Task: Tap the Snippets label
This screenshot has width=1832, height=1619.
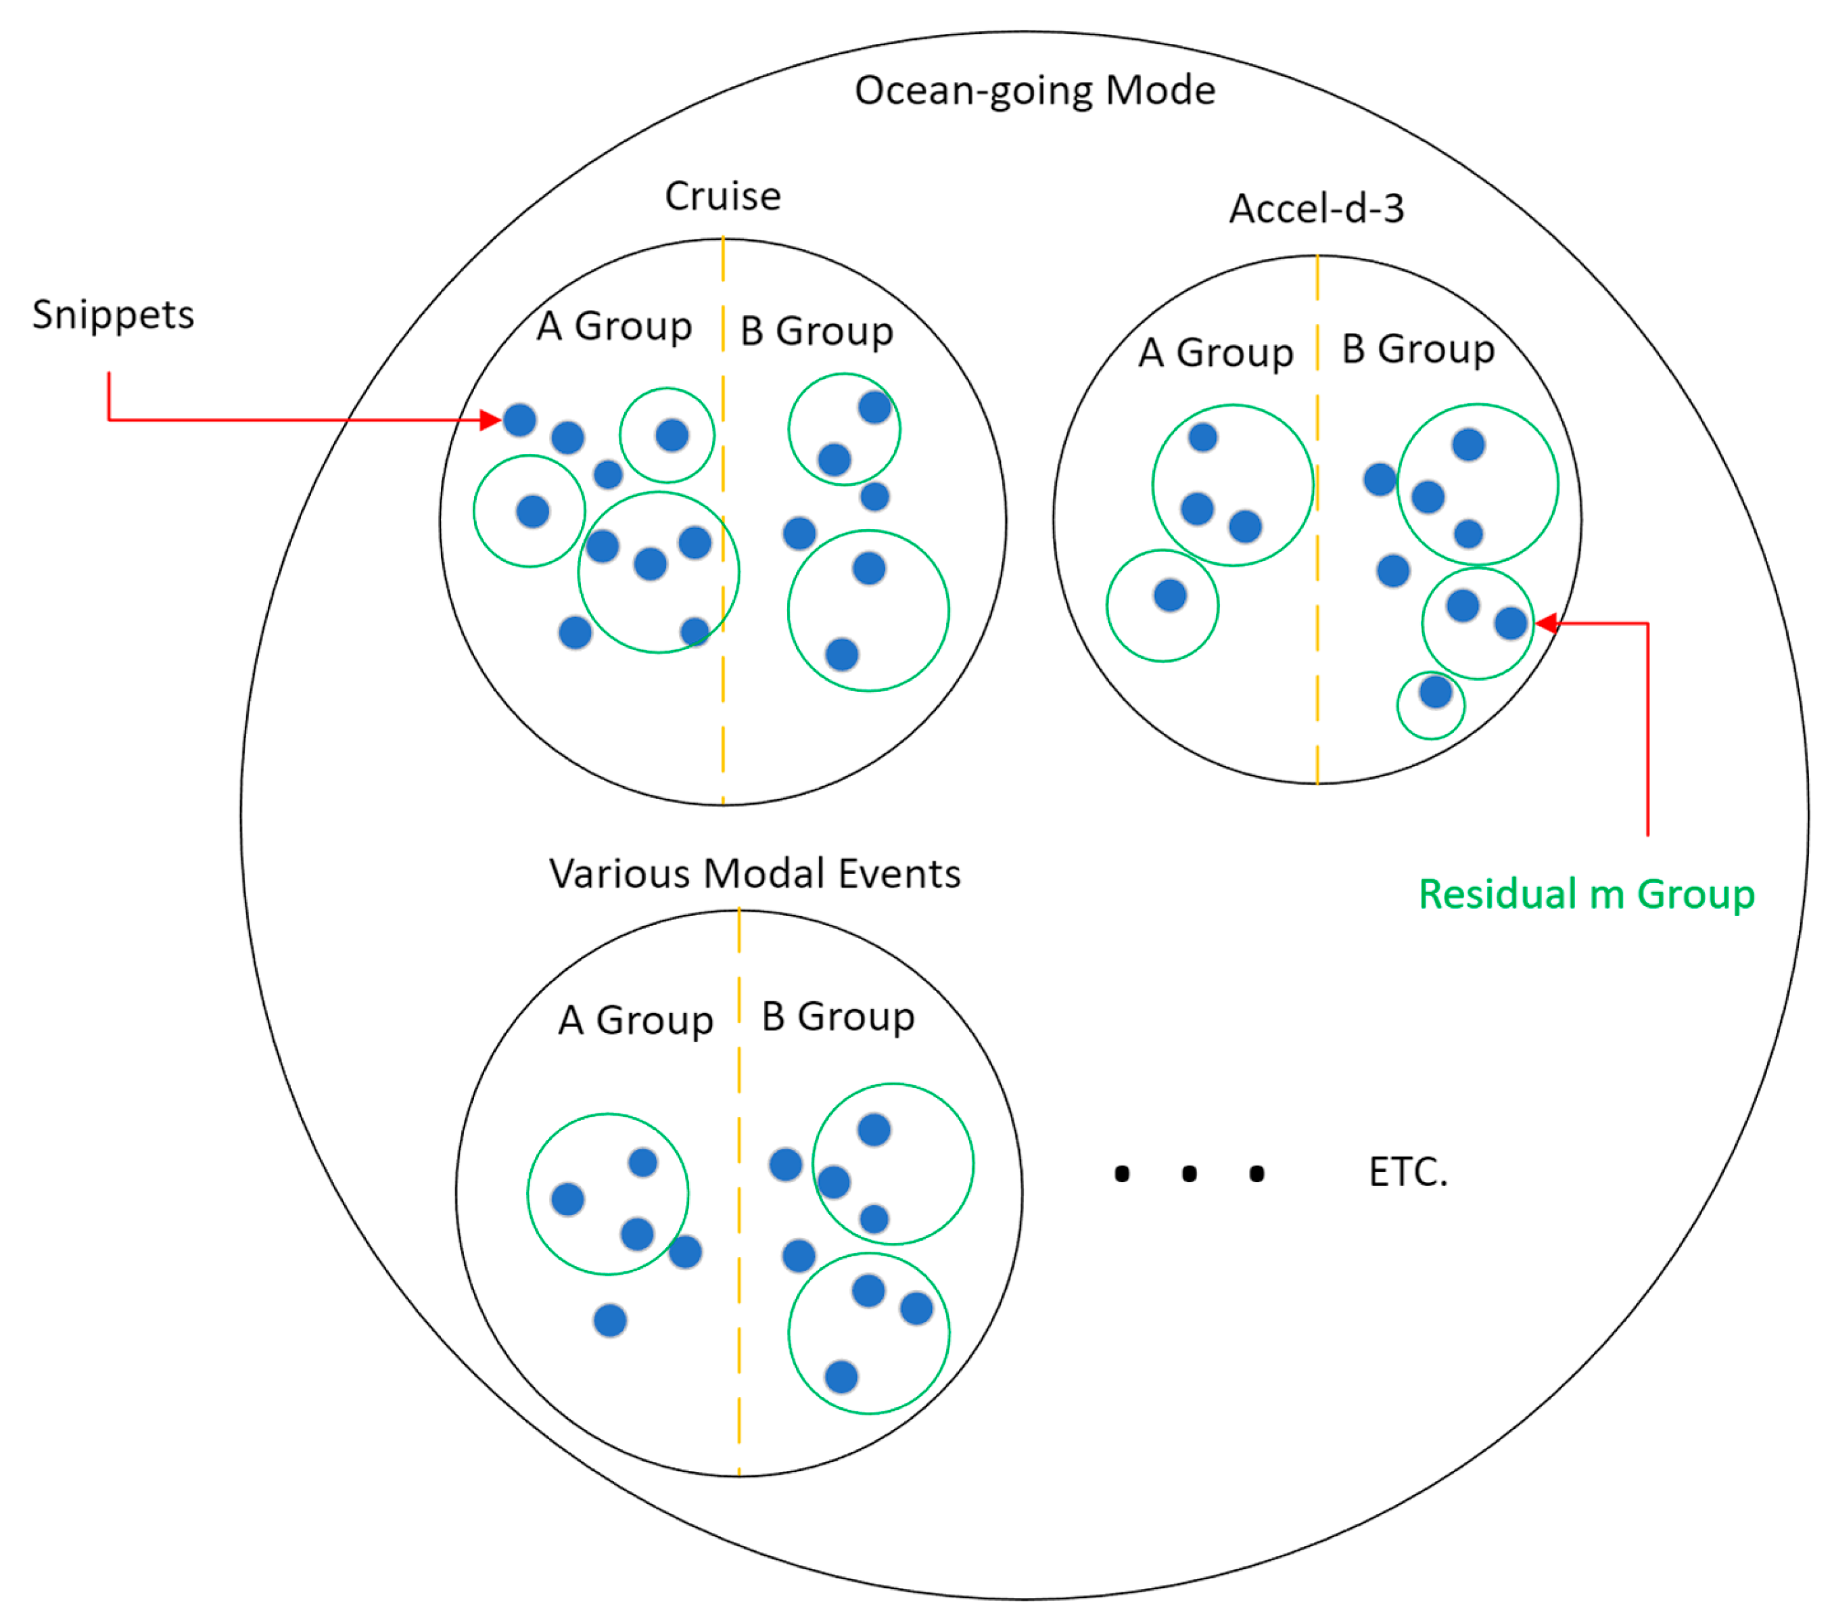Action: tap(113, 315)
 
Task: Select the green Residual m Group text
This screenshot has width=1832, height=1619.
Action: tap(1586, 894)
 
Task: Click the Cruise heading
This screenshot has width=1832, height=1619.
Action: tap(722, 196)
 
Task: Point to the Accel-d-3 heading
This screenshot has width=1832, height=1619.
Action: tap(1316, 209)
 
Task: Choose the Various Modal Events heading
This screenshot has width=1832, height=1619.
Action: tap(755, 873)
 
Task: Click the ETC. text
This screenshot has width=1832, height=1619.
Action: tap(1407, 1172)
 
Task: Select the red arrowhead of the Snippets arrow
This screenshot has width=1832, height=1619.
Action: tap(490, 419)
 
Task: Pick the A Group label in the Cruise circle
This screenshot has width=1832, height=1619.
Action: tap(614, 326)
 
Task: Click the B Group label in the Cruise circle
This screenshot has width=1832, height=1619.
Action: tap(816, 331)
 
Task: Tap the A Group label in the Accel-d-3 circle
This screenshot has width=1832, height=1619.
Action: tap(1215, 352)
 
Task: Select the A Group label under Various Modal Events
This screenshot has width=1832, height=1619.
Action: tap(636, 1020)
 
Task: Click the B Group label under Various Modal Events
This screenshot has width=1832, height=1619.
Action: tap(838, 1017)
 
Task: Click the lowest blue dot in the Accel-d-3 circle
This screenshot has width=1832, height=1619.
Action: tap(1435, 692)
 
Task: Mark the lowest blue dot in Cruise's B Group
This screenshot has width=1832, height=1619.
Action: tap(841, 654)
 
